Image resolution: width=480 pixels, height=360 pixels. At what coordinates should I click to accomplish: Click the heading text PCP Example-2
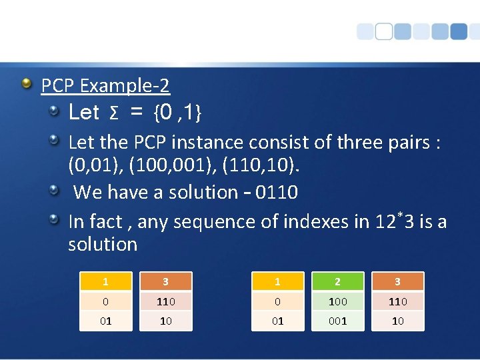point(105,85)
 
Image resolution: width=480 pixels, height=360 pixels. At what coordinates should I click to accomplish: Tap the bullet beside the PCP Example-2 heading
point(26,83)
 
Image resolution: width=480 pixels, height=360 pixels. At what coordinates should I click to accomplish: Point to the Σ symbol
point(114,114)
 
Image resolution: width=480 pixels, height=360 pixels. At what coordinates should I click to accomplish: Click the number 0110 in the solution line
point(277,192)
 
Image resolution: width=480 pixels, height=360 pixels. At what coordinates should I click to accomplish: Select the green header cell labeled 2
point(338,282)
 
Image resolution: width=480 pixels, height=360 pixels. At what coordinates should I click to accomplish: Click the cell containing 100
point(338,301)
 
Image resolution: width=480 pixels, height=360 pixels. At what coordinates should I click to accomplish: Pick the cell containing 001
point(338,321)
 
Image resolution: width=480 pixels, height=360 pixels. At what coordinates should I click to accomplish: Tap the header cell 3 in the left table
point(166,282)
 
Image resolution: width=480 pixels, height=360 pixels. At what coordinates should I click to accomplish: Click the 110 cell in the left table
point(166,301)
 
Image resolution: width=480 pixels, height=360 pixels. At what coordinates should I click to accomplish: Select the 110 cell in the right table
point(398,301)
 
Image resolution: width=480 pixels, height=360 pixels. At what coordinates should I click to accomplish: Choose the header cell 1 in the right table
point(278,282)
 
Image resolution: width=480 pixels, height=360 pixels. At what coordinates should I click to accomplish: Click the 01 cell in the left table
point(106,321)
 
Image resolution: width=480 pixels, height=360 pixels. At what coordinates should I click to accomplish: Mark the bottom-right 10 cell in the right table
point(398,321)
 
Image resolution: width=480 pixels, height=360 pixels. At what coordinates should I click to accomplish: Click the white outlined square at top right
point(383,31)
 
